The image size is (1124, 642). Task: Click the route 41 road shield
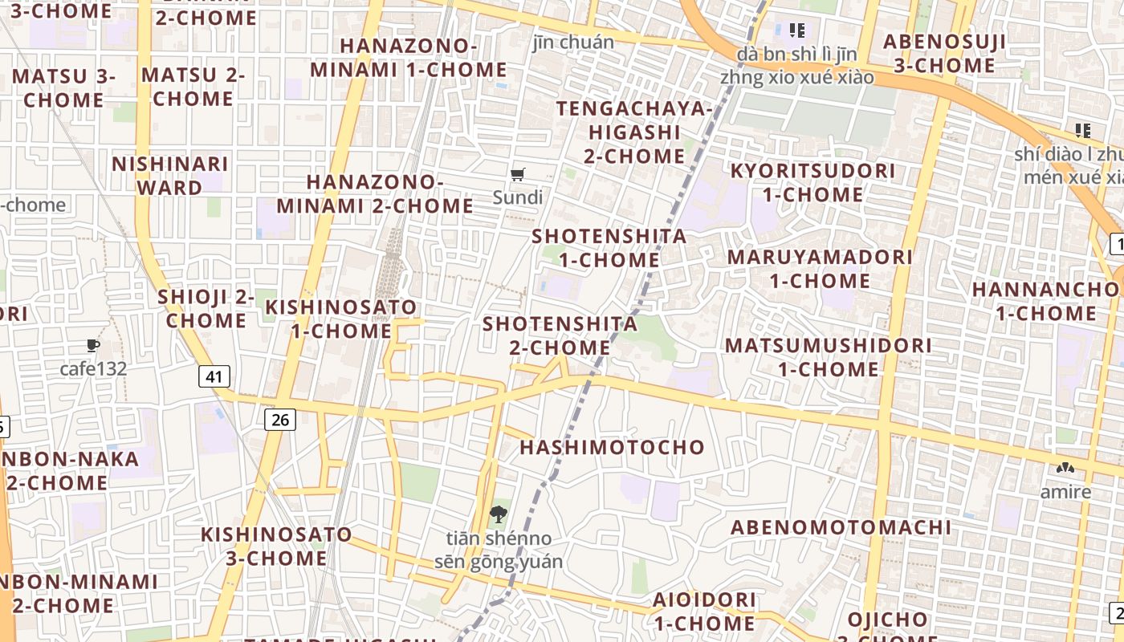(x=214, y=376)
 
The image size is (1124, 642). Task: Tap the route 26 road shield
(x=279, y=419)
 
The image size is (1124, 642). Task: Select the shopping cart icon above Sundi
(x=518, y=174)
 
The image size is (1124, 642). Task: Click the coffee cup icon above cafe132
(x=93, y=346)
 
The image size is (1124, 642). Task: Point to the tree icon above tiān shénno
(x=498, y=514)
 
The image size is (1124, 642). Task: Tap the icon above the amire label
(x=1065, y=469)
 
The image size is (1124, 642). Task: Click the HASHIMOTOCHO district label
(x=612, y=447)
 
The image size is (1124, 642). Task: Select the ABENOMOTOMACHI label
(x=841, y=527)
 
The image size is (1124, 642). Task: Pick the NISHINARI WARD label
(x=169, y=176)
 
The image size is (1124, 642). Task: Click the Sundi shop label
(x=518, y=197)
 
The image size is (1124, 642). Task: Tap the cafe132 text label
(x=93, y=369)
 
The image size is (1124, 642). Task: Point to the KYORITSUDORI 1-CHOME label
(x=812, y=182)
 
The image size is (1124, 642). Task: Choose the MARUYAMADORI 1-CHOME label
(x=820, y=269)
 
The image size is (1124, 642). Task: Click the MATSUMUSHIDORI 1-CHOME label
(x=829, y=357)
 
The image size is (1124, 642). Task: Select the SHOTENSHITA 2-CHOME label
(x=560, y=335)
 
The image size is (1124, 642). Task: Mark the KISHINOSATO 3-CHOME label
(x=276, y=546)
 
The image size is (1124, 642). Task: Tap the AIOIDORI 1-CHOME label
(x=704, y=611)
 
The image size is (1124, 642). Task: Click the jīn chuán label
(x=573, y=42)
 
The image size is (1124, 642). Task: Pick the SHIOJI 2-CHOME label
(x=206, y=308)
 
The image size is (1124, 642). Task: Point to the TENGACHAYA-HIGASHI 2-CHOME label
(x=634, y=132)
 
